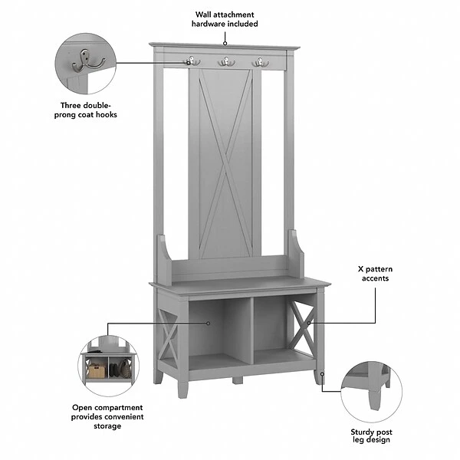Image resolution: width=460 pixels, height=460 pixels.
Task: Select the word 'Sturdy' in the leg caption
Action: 357,432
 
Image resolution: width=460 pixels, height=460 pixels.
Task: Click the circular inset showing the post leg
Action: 372,393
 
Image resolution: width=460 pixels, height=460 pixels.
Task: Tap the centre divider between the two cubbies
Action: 247,330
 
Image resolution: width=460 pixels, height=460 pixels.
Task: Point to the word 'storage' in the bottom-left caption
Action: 107,426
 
